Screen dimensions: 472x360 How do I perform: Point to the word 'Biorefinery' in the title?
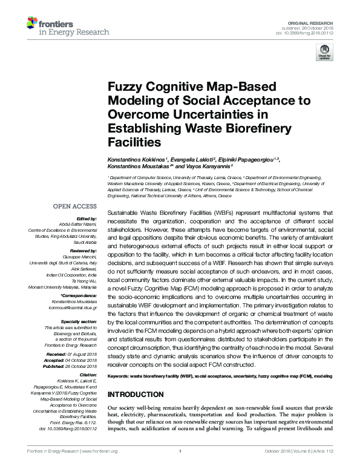point(242,128)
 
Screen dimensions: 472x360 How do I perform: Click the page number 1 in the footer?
point(180,466)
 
